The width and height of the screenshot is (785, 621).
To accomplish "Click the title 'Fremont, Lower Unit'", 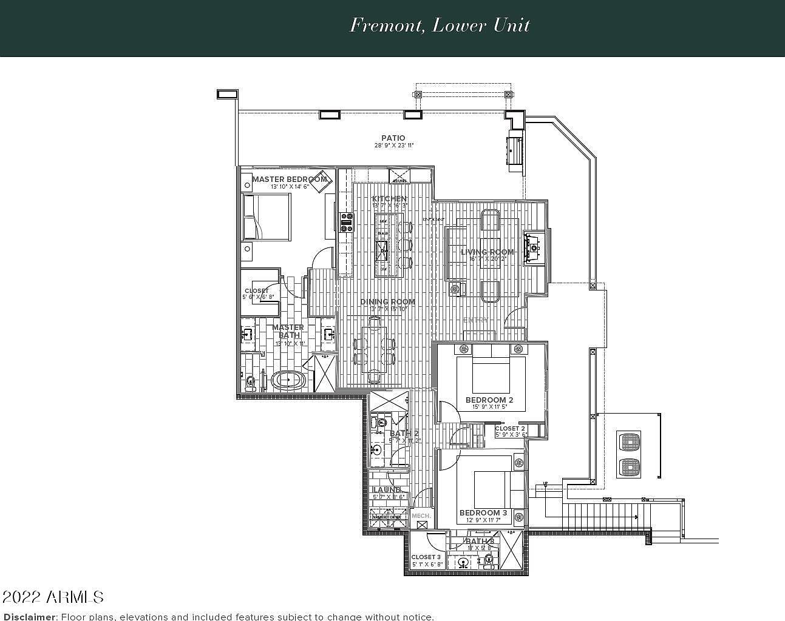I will [440, 25].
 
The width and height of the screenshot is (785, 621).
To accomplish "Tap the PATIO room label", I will [393, 138].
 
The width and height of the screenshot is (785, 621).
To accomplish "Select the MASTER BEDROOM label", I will [289, 179].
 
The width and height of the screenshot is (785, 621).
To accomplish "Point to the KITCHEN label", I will [389, 199].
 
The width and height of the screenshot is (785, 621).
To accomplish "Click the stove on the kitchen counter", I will [347, 223].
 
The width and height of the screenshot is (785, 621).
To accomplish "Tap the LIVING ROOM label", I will [487, 252].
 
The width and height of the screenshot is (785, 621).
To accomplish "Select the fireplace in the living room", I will [534, 246].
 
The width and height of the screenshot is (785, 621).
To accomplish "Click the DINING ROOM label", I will [387, 301].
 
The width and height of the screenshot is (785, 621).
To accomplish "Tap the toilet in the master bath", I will [250, 381].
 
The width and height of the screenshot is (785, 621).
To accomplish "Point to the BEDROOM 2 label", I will [489, 400].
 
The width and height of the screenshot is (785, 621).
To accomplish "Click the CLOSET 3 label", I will [426, 557].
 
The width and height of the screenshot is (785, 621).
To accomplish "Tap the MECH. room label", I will [421, 515].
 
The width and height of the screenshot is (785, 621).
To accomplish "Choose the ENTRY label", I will [475, 320].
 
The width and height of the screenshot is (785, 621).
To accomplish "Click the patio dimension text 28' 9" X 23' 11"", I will [393, 146].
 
